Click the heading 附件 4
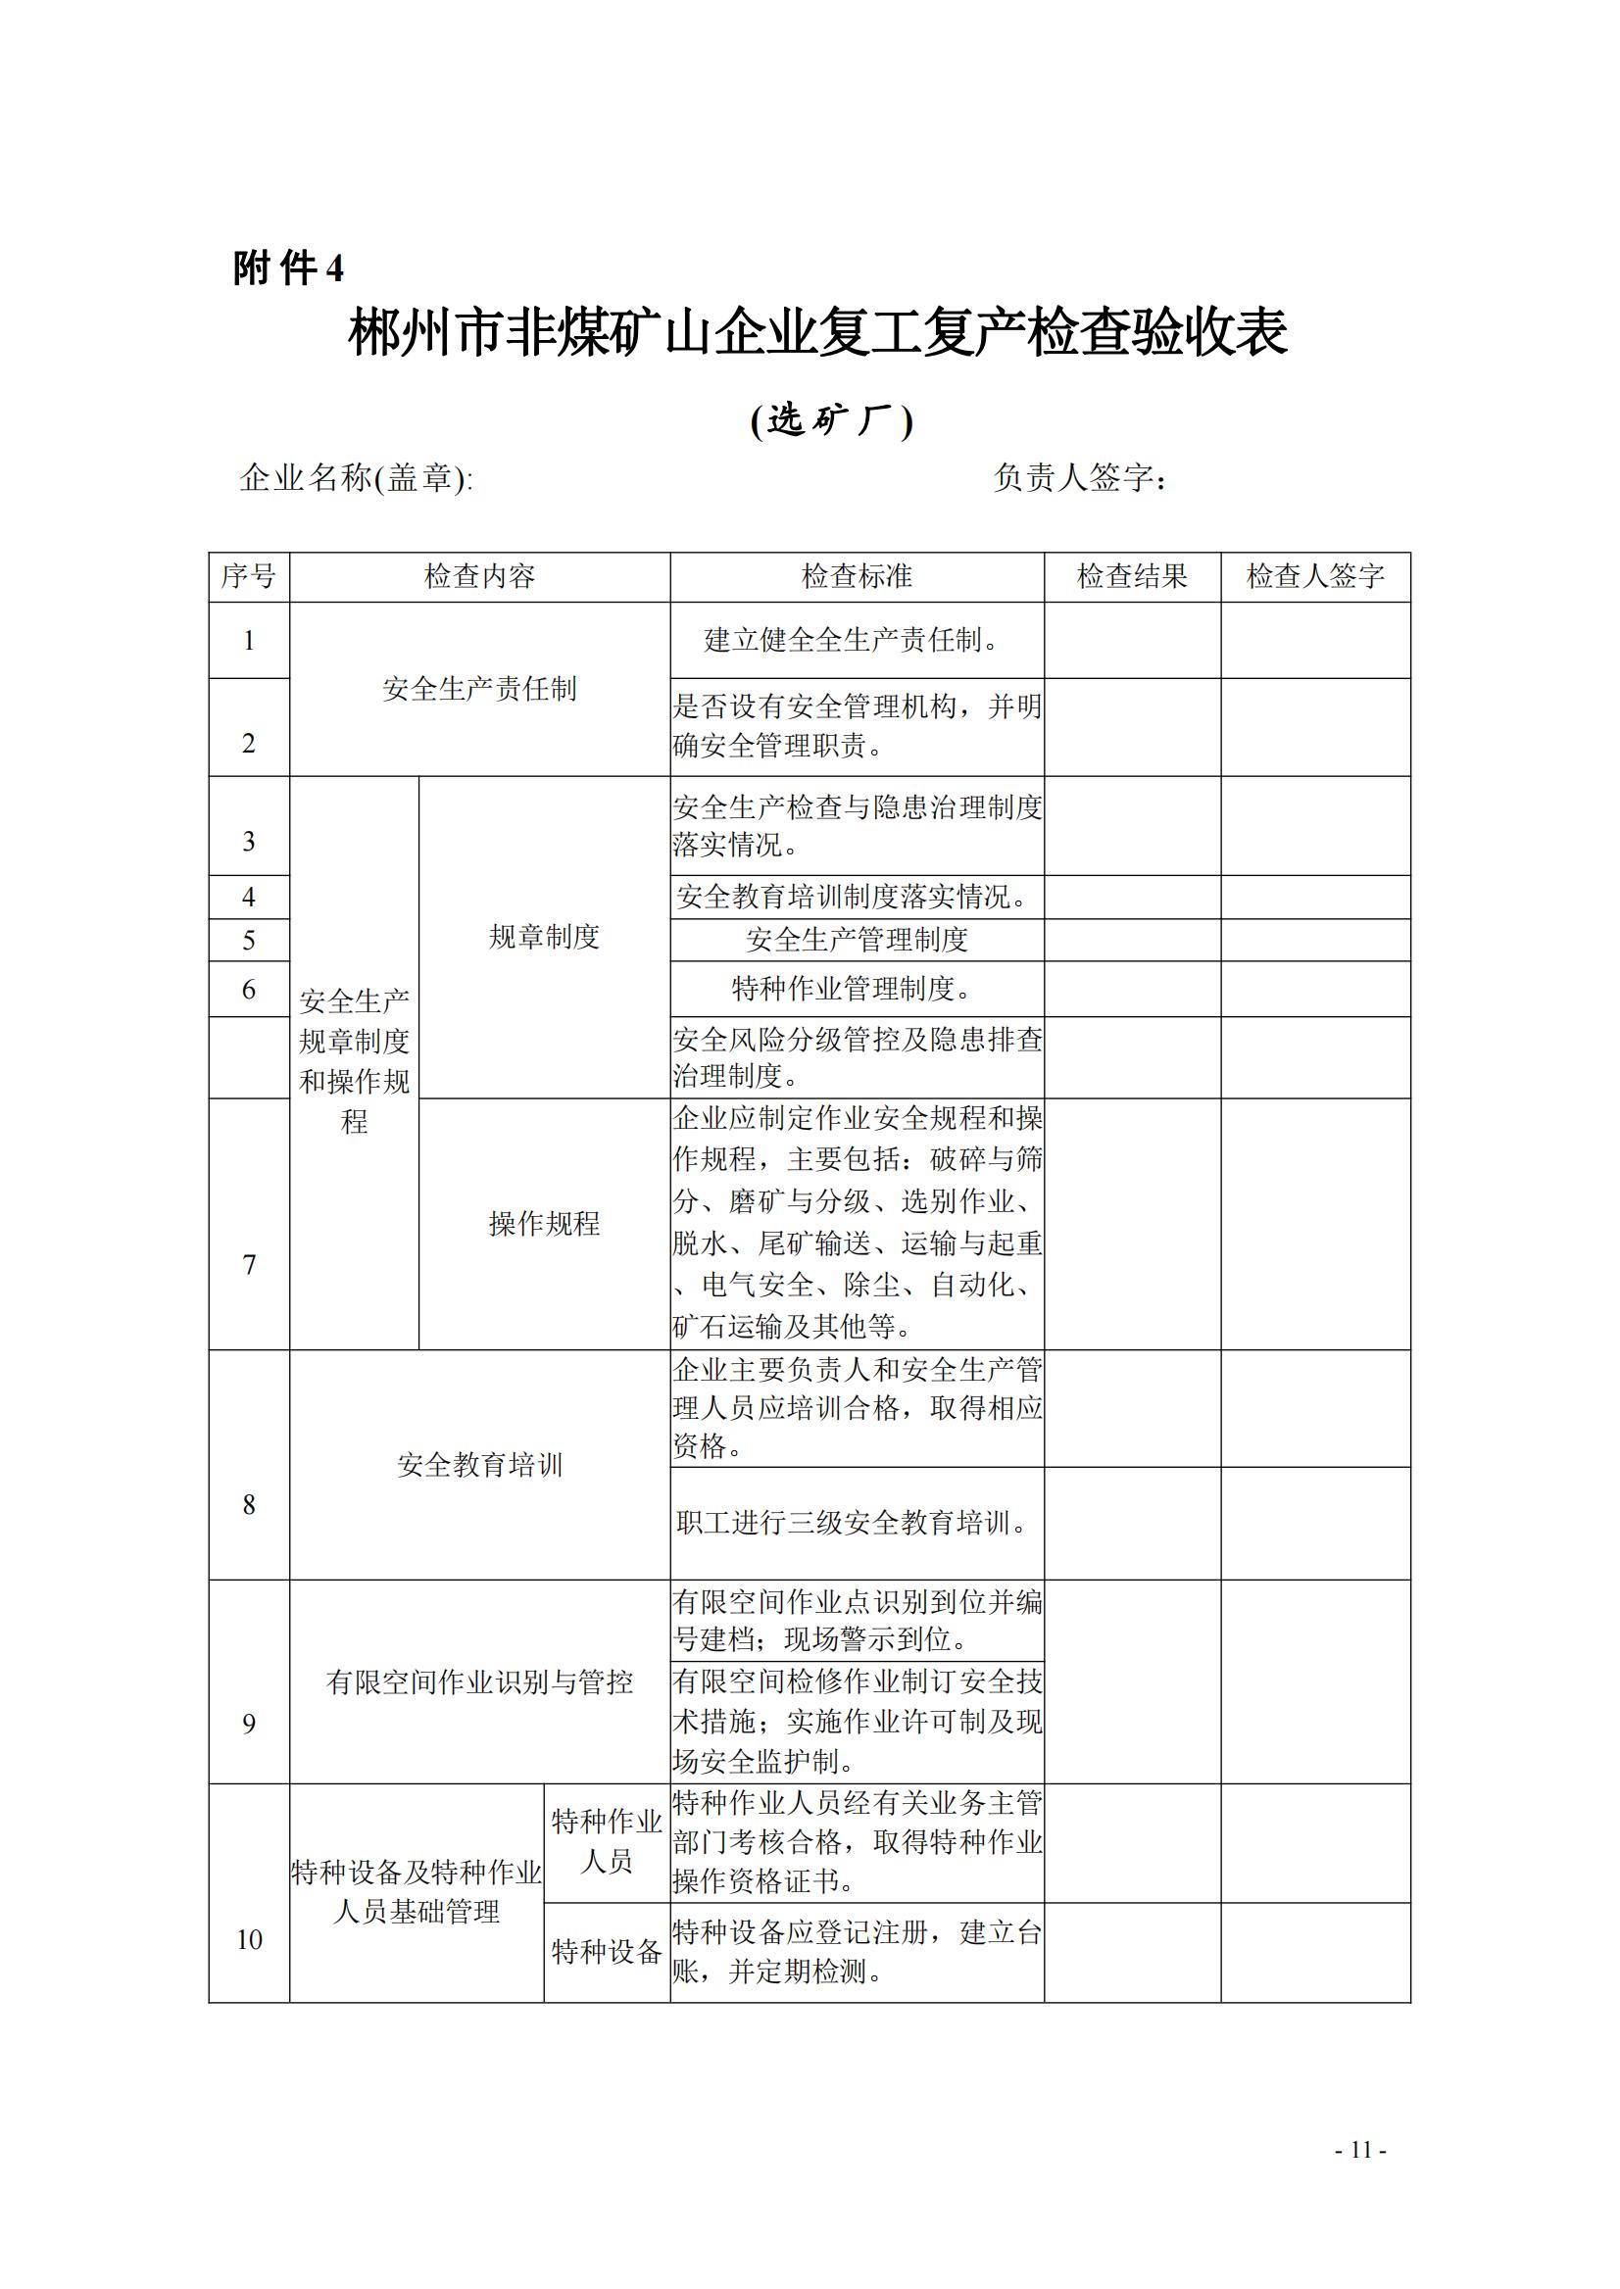coord(288,268)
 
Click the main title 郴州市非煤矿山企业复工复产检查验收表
coord(817,333)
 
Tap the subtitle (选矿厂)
coord(831,421)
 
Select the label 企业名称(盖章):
coord(356,479)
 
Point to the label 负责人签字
coord(1079,479)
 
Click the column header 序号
coord(248,576)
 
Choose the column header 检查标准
coord(856,576)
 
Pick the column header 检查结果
coord(1131,576)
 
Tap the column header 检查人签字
coord(1315,576)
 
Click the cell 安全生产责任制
coord(479,689)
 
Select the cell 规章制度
coord(544,937)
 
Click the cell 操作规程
coord(544,1224)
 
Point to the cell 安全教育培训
coord(479,1465)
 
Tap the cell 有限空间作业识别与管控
coord(479,1682)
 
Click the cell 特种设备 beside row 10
coord(607,1952)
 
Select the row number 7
coord(248,1265)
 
